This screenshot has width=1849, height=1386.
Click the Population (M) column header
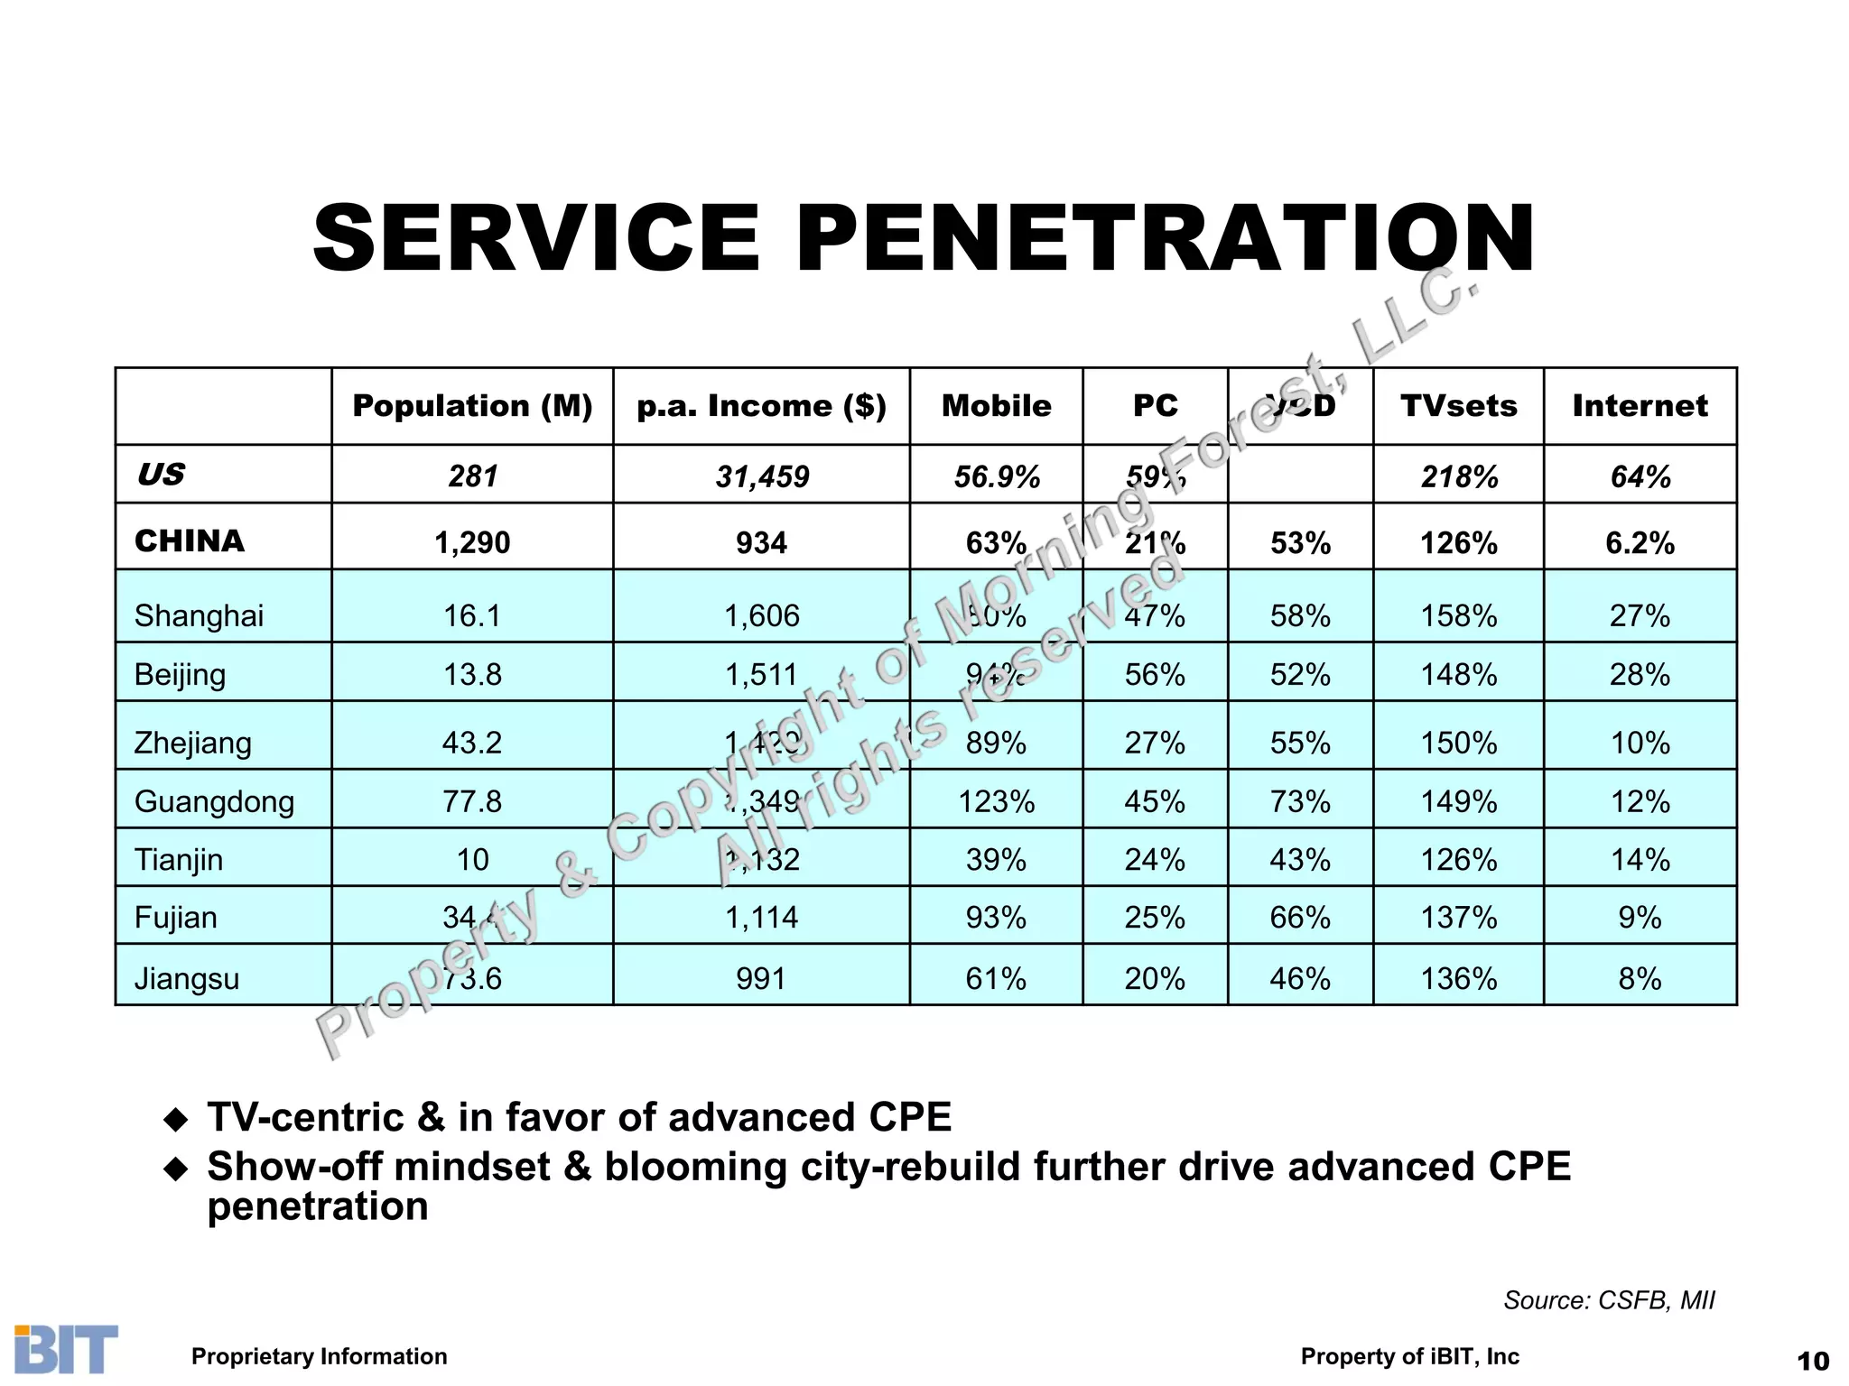(x=472, y=406)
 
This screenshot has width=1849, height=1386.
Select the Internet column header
(x=1640, y=406)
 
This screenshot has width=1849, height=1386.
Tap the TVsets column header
(x=1458, y=406)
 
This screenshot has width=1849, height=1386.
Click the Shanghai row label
(x=199, y=615)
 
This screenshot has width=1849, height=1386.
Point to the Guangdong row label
(x=214, y=801)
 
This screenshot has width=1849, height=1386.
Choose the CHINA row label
(x=190, y=541)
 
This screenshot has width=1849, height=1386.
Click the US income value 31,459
(x=762, y=476)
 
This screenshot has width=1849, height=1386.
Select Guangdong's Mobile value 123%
(x=996, y=801)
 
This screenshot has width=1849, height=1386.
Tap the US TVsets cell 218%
(x=1459, y=476)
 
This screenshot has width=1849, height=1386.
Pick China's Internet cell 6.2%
(x=1640, y=543)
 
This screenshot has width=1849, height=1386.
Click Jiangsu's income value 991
(x=761, y=978)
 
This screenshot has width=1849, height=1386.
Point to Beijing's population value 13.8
(x=472, y=674)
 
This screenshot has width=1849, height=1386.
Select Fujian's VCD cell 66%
(x=1300, y=918)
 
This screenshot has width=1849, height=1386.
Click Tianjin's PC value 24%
(x=1155, y=859)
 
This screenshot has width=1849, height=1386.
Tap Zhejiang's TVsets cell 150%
(x=1459, y=743)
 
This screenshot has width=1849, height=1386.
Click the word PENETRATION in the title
(x=1165, y=238)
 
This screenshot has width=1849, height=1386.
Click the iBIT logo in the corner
(x=66, y=1349)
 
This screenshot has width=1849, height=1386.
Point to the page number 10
(x=1813, y=1361)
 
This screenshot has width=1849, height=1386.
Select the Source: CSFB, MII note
(x=1609, y=1300)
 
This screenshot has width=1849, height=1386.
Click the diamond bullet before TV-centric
(x=175, y=1121)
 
